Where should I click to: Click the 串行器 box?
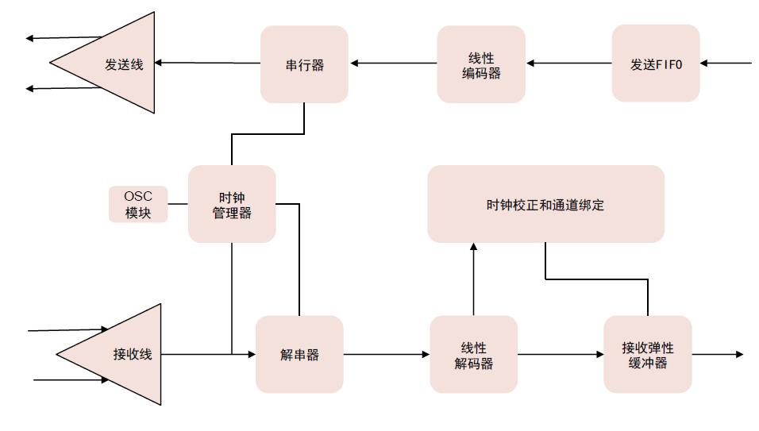tap(304, 64)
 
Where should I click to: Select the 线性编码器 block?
tap(481, 64)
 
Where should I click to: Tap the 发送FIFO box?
tap(656, 63)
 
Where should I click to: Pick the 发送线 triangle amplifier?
tap(119, 63)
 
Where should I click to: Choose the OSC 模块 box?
tap(138, 204)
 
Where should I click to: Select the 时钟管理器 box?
tap(232, 204)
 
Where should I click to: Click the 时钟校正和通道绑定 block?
tap(545, 204)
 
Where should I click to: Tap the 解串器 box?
tap(299, 354)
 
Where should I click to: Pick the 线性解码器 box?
tap(474, 354)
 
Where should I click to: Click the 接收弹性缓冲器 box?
tap(648, 354)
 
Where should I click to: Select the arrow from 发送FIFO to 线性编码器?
tap(568, 63)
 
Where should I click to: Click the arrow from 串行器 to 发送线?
tap(207, 63)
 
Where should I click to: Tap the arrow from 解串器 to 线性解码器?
tap(387, 354)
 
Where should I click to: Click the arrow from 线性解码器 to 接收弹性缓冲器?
tap(561, 354)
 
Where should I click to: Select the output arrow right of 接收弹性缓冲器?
tap(718, 354)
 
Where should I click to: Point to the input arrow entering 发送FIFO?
tap(726, 63)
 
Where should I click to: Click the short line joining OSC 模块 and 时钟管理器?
tap(178, 204)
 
